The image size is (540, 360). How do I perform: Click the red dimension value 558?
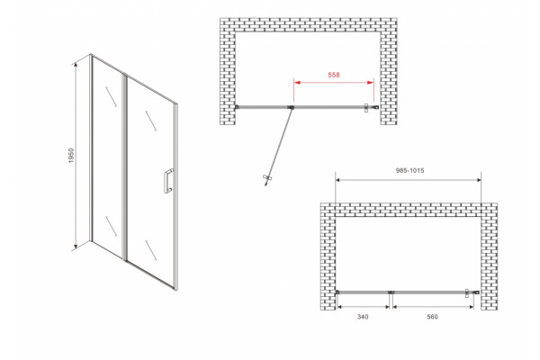coord(334,75)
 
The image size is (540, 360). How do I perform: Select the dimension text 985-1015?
coord(409,170)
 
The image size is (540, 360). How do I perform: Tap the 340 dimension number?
coord(363,317)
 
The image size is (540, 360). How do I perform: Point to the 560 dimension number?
coord(432,317)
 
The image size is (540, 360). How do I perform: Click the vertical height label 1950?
coord(71,156)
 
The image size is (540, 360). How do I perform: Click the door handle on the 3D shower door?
coord(168,181)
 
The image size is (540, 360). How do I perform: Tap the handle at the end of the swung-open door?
coord(267,178)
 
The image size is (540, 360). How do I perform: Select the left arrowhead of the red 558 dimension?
coord(297,83)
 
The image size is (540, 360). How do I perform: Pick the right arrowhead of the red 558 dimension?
coord(371,83)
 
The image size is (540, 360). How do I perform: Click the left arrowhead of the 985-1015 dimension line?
coord(338,180)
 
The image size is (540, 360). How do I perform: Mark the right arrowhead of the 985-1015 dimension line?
coord(478,180)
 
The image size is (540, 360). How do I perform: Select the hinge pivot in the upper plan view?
coord(291,107)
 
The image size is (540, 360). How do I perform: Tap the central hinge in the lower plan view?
coord(391,292)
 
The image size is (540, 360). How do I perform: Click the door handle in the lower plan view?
coord(467,292)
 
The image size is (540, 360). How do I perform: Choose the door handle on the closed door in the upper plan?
coord(367,107)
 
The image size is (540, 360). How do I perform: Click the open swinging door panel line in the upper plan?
coord(279,146)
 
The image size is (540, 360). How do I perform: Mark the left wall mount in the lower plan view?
coord(337,292)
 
